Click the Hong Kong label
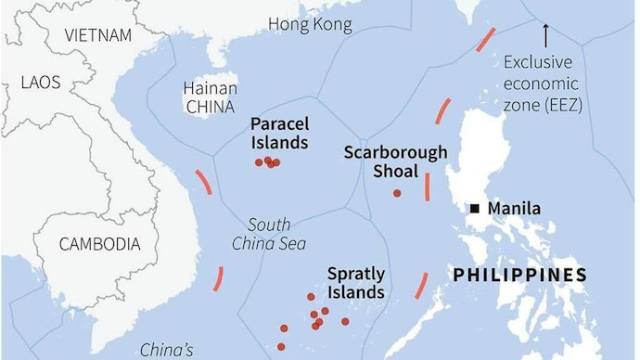tap(310, 24)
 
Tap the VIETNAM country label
tap(99, 35)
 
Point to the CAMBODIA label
tap(99, 245)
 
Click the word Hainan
tap(210, 88)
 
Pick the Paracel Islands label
tap(279, 133)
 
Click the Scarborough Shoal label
tap(395, 161)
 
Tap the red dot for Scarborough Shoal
tap(397, 193)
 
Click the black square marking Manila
tap(475, 209)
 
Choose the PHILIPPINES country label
tap(519, 275)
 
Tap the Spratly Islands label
tap(355, 283)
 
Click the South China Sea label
tap(269, 234)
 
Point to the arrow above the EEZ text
tap(545, 35)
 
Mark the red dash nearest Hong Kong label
tap(485, 40)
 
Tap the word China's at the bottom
tap(166, 350)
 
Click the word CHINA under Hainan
tap(210, 106)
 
